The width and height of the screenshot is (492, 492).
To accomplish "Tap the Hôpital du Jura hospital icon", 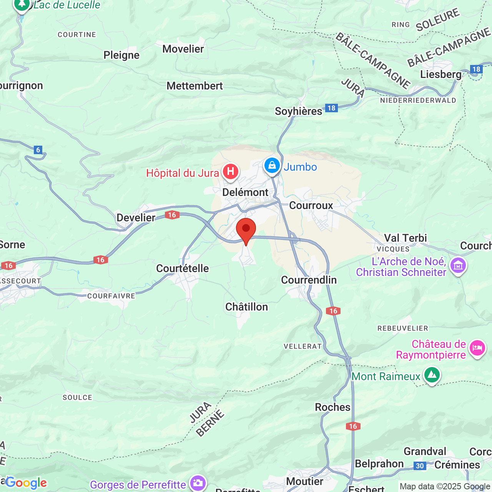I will [231, 171].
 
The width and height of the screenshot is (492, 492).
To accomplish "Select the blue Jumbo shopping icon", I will [272, 166].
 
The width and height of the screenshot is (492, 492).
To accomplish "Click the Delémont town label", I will [245, 192].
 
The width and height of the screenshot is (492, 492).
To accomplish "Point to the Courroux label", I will [311, 205].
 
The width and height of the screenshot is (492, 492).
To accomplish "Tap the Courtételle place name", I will [182, 268].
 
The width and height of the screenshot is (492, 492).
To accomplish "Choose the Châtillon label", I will [246, 307].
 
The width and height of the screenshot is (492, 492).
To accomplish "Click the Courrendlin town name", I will [309, 280].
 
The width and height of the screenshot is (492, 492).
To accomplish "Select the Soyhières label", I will [298, 111].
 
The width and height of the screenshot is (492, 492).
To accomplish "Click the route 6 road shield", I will [38, 150].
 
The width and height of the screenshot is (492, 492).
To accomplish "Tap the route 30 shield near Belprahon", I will [420, 466].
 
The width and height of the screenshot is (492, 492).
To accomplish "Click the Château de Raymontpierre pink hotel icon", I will [477, 348].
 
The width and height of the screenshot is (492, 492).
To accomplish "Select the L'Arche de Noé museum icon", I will [458, 266].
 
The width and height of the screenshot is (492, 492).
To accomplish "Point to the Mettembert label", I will [194, 86].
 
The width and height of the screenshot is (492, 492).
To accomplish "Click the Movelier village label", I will [183, 49].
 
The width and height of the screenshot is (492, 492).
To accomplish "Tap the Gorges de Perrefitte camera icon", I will [198, 484].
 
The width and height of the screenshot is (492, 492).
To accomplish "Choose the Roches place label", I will [332, 407].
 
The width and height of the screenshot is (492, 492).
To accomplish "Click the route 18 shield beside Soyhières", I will [331, 108].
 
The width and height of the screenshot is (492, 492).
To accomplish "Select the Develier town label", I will [136, 218].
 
